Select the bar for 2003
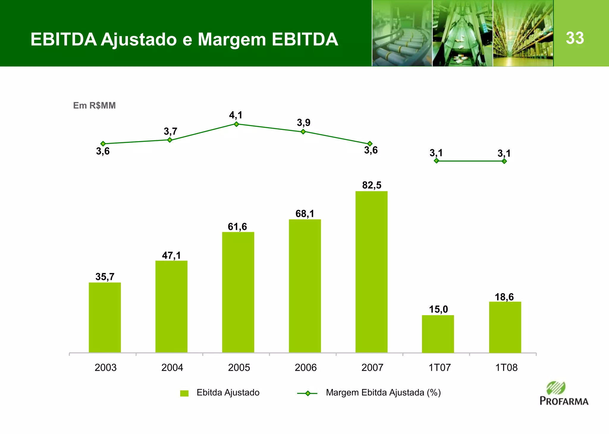[105, 317]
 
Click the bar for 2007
[371, 272]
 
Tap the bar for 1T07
[438, 334]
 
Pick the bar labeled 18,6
[505, 327]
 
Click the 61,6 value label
[237, 227]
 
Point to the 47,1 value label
[171, 255]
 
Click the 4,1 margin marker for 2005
[236, 124]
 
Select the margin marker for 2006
[303, 132]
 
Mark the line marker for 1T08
[504, 161]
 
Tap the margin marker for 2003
[103, 144]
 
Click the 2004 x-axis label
[172, 368]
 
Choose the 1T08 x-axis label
[506, 368]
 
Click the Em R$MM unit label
[94, 105]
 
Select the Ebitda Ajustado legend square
[184, 393]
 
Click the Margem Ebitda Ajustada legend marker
[307, 393]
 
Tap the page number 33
[575, 38]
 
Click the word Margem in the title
[232, 39]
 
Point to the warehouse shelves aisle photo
[523, 33]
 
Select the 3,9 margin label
[304, 122]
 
